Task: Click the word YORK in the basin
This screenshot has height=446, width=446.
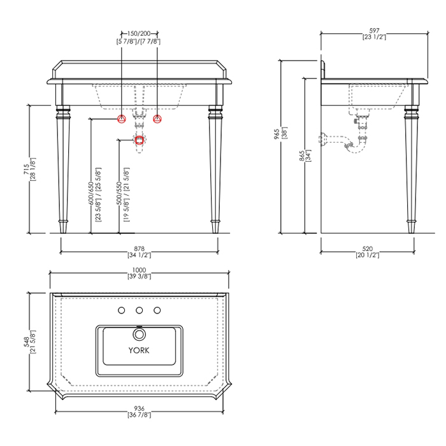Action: click(139, 350)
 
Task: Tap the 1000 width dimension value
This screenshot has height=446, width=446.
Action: click(139, 270)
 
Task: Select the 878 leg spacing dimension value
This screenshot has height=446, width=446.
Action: click(139, 249)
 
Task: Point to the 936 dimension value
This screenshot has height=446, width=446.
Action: click(139, 409)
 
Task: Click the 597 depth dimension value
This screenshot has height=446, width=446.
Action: click(375, 31)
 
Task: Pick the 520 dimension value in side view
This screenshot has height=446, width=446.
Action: click(368, 249)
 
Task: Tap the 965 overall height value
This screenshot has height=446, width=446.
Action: click(277, 134)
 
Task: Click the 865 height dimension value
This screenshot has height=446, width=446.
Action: click(302, 156)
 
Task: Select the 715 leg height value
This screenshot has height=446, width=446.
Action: click(26, 169)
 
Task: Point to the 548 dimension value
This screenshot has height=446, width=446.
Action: click(26, 342)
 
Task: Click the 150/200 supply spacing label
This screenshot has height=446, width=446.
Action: click(139, 34)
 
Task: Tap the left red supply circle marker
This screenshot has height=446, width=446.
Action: click(122, 119)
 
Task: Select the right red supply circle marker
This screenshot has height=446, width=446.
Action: click(157, 119)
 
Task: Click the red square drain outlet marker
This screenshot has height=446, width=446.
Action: click(139, 140)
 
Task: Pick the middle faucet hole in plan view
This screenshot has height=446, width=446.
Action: click(139, 310)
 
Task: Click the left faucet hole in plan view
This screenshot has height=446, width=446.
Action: click(122, 310)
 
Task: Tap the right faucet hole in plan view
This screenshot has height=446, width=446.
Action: click(157, 310)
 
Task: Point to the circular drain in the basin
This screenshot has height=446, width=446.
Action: click(139, 334)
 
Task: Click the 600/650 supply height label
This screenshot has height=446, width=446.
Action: click(91, 194)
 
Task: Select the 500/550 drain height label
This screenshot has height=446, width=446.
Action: click(120, 194)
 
